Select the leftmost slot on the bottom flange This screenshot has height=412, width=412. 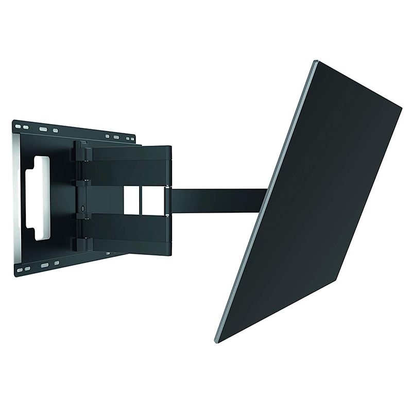(21, 269)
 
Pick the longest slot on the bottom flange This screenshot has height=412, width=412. (45, 265)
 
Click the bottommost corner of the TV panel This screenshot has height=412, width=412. (217, 341)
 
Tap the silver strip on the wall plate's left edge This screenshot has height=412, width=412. (16, 196)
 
